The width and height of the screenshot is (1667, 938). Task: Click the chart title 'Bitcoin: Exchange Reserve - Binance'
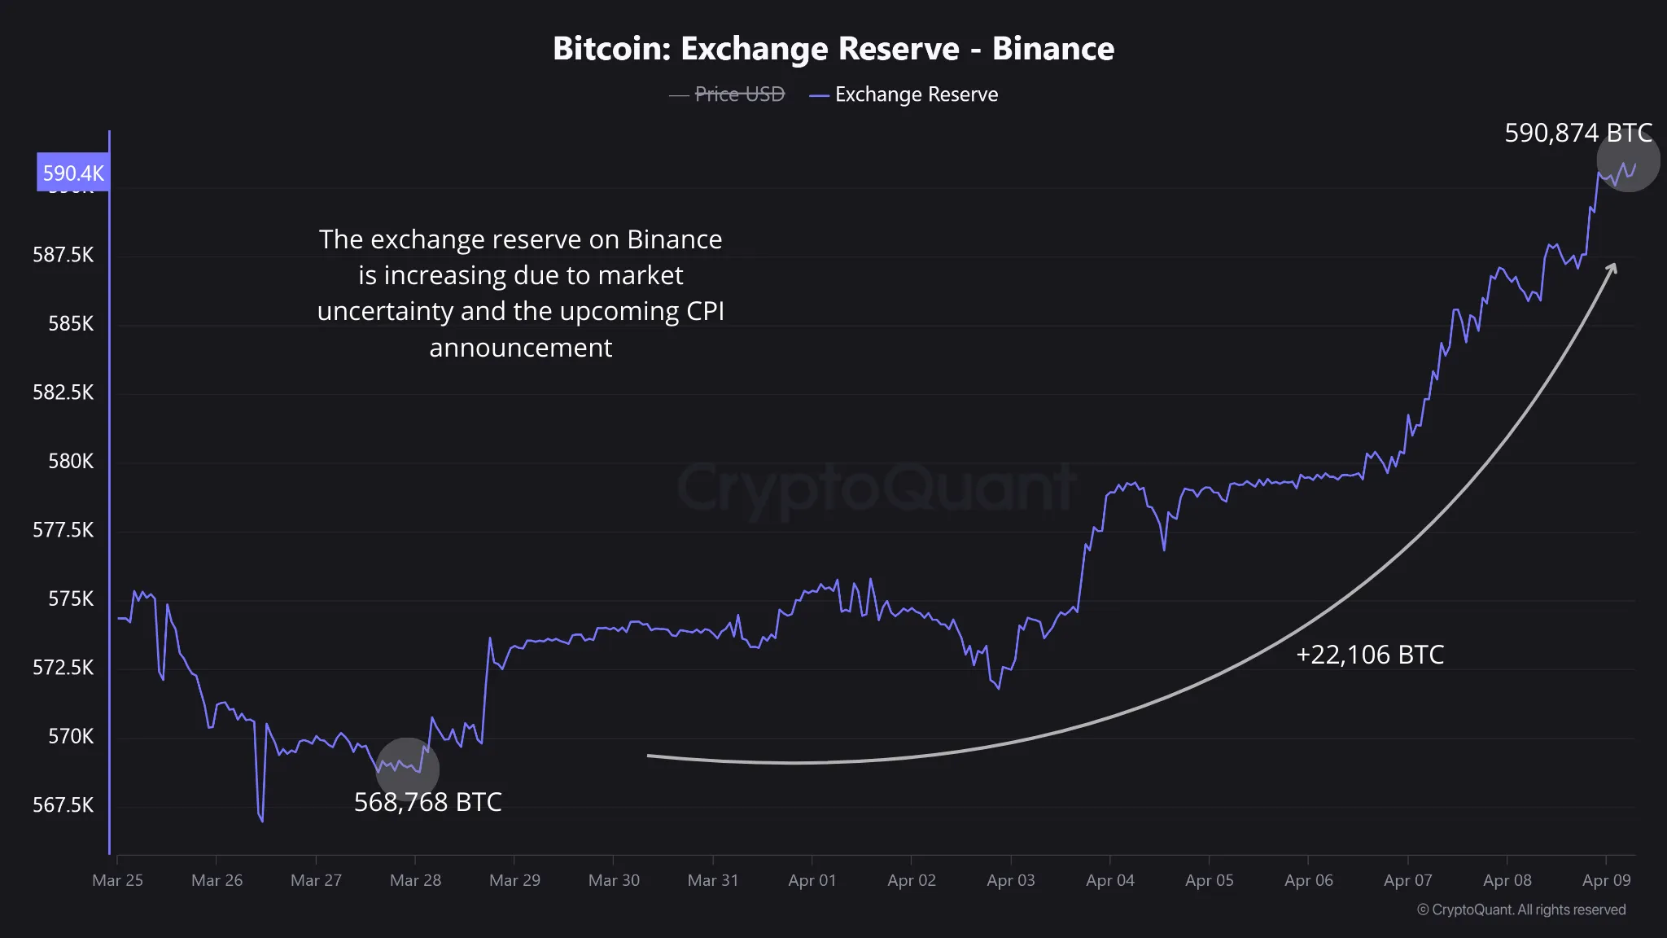[833, 49]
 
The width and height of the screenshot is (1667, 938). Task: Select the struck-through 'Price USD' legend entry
[739, 94]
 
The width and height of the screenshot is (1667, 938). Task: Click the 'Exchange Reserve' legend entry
[916, 94]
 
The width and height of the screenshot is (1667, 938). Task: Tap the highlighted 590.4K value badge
[73, 173]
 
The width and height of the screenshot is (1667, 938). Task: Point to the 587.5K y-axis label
[63, 255]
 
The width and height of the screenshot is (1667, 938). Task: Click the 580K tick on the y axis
[71, 462]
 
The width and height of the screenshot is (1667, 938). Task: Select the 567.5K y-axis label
[63, 805]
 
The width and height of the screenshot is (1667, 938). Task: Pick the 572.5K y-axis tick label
[63, 668]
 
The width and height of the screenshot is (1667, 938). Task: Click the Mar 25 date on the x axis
[117, 880]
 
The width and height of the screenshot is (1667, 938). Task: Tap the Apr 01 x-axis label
[812, 880]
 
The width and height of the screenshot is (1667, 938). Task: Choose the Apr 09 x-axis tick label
[1606, 880]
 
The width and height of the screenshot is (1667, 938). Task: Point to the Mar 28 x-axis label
[415, 880]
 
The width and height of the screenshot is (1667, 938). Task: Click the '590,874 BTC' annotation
[1577, 133]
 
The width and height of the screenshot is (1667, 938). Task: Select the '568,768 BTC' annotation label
[427, 802]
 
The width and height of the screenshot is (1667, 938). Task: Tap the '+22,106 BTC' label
[1370, 655]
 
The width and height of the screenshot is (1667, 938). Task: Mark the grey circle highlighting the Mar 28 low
[407, 769]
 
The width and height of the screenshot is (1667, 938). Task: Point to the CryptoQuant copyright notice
[1521, 910]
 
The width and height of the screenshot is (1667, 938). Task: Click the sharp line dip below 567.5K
[261, 819]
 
